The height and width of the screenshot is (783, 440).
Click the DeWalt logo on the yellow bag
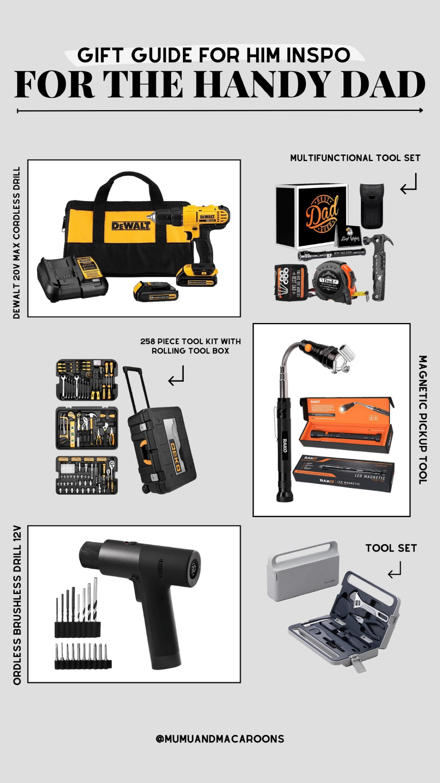click(131, 226)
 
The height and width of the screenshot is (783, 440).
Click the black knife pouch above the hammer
click(372, 206)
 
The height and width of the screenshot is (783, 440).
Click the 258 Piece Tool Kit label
click(190, 346)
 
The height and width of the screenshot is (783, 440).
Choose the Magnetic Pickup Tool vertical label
click(422, 419)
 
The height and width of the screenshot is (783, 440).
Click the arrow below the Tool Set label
click(395, 570)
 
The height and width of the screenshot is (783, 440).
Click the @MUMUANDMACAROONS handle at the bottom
click(220, 739)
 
